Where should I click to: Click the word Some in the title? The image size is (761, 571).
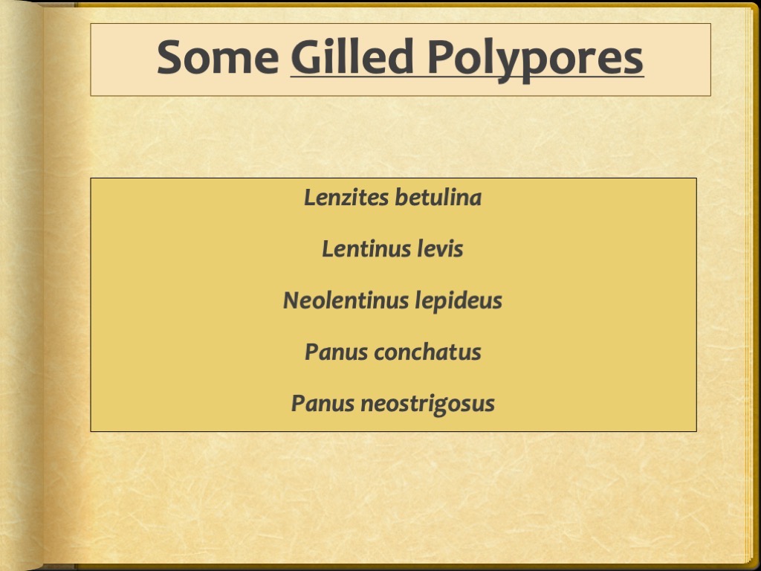click(217, 58)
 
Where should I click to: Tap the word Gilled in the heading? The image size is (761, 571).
click(351, 58)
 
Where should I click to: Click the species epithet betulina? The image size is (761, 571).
click(438, 198)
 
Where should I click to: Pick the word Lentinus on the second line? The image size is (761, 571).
click(362, 249)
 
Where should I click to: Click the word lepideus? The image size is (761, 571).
click(459, 301)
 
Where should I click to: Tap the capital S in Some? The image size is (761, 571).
click(169, 58)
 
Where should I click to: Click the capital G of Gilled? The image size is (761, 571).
click(305, 58)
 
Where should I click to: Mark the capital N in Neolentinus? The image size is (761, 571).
click(291, 300)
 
